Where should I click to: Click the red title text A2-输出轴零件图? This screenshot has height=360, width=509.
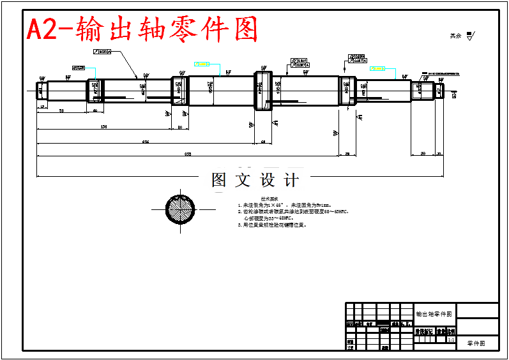tap(142, 29)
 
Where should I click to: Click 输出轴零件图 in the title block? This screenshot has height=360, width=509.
tap(434, 314)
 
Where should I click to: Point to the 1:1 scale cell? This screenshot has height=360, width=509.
tap(452, 340)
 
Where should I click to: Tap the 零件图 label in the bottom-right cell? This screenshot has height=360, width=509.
tap(476, 343)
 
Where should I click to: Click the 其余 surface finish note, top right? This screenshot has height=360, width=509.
tap(462, 36)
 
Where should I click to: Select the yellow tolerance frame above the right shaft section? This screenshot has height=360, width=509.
tap(377, 68)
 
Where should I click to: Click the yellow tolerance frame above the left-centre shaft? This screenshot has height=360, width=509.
tap(202, 64)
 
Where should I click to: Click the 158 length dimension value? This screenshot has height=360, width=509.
tap(103, 127)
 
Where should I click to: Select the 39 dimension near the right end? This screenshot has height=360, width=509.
tap(423, 154)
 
